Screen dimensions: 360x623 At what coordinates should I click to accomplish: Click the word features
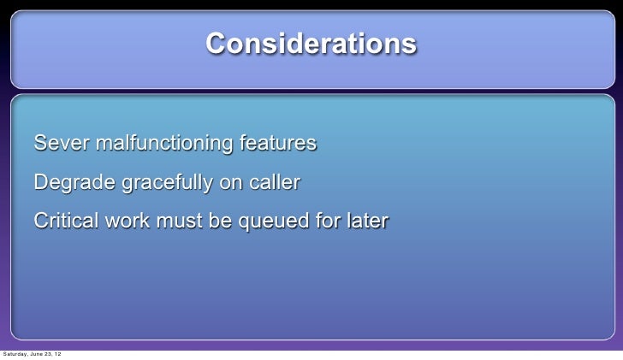tap(277, 143)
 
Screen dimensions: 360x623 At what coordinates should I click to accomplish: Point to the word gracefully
tap(167, 183)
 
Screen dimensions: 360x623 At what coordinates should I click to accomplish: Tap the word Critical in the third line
tap(66, 221)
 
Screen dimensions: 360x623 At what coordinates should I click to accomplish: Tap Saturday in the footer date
tap(15, 354)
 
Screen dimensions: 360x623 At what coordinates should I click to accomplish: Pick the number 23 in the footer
tap(50, 354)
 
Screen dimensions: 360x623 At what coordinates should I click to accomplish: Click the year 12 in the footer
tap(58, 354)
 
